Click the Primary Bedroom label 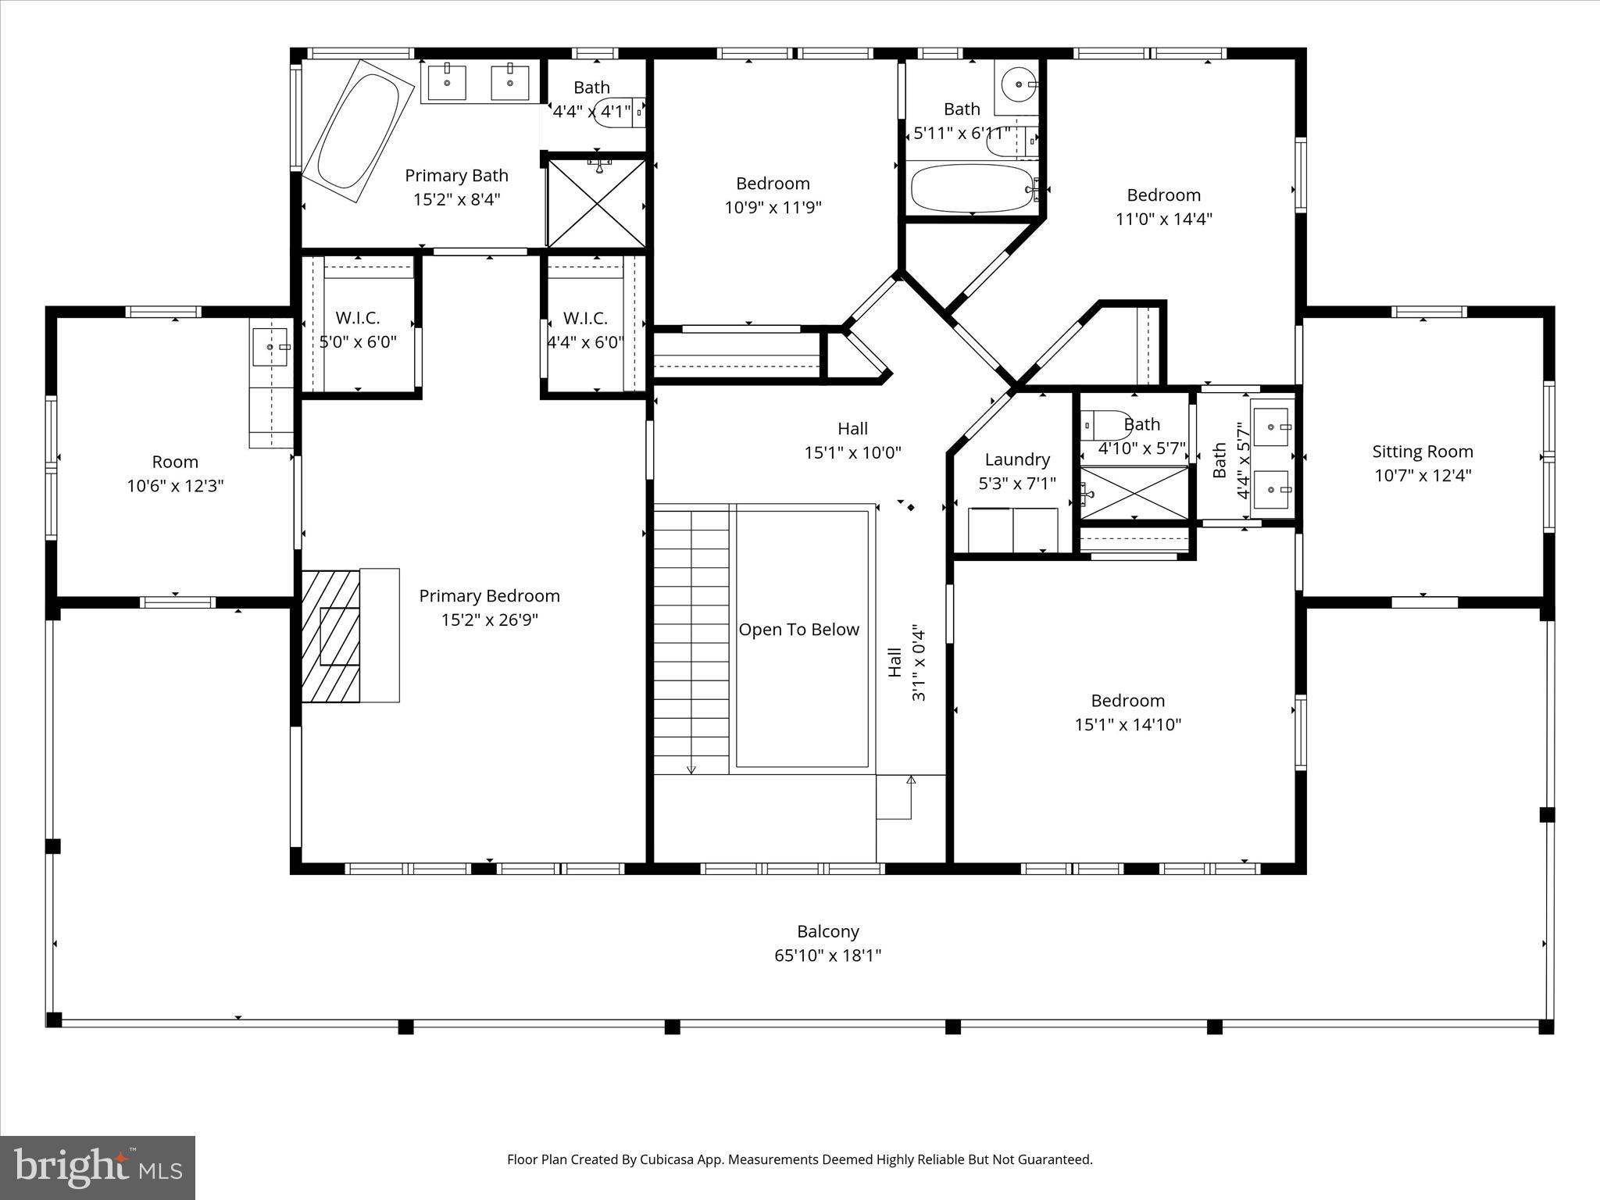click(489, 596)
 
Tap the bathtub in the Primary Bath click(357, 125)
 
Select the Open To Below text click(798, 630)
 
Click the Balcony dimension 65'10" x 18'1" click(827, 955)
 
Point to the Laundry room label click(1016, 460)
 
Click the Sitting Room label click(1422, 452)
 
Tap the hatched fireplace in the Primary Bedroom click(331, 636)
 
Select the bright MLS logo click(98, 1167)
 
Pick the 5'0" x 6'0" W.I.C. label click(358, 342)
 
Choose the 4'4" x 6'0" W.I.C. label click(584, 342)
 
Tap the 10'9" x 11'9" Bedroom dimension click(773, 208)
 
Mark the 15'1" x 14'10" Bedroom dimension click(1127, 725)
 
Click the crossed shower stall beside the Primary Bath click(597, 203)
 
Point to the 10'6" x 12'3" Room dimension click(175, 487)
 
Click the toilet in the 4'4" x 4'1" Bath click(614, 112)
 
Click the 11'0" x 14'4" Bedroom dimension click(1163, 220)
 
